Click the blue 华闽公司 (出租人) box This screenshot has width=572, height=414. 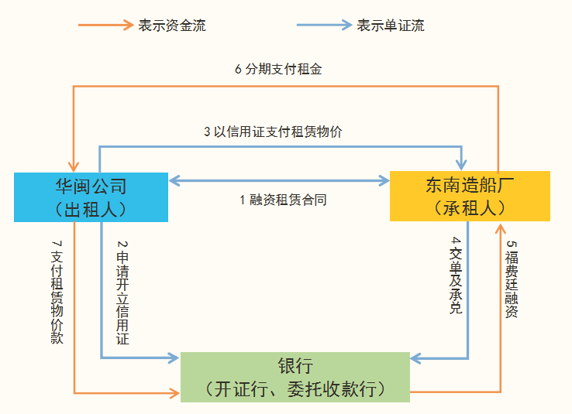[x=91, y=197]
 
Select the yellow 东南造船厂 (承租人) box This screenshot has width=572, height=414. [x=470, y=196]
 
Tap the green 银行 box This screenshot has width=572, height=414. [x=295, y=377]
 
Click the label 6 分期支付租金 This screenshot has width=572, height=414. [x=278, y=69]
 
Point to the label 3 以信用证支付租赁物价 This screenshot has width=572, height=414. [x=273, y=132]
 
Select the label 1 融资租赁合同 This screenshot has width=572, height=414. [x=283, y=200]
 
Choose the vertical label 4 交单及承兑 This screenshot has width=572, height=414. [x=456, y=275]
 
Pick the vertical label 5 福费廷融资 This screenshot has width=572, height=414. [x=512, y=279]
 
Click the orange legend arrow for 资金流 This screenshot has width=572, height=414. [x=105, y=25]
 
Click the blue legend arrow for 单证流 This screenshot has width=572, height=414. [x=324, y=25]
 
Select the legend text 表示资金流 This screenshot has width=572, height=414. [x=172, y=26]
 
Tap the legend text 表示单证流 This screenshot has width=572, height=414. [x=391, y=26]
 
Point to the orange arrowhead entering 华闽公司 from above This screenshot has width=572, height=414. [x=74, y=165]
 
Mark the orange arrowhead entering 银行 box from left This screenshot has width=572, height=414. [x=173, y=393]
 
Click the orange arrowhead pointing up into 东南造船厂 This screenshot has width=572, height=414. [x=501, y=229]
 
